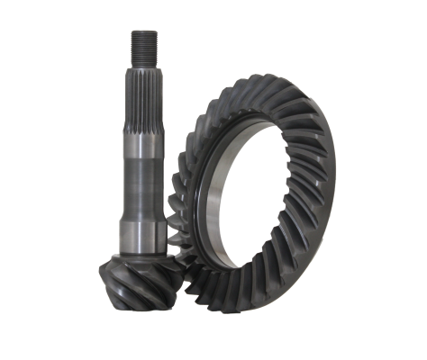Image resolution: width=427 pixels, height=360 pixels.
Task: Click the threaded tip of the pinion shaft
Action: click(144, 45)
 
